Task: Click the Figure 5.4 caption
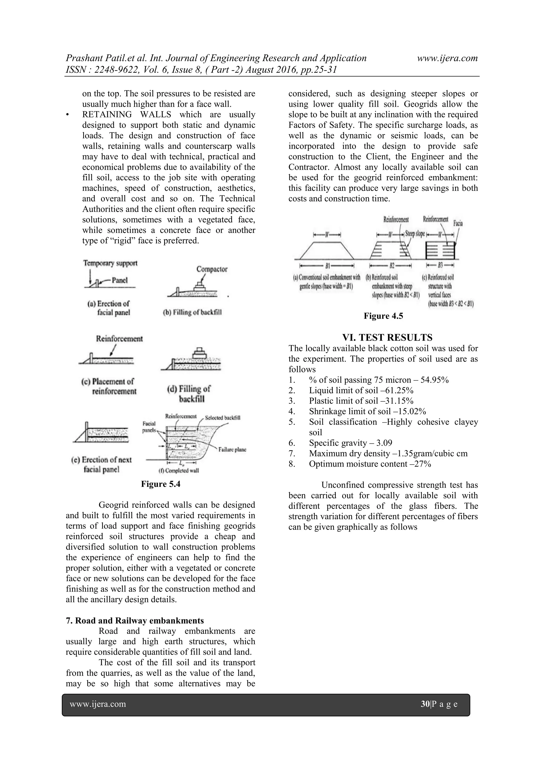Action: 160,484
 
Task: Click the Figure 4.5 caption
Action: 383,316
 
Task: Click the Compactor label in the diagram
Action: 212,269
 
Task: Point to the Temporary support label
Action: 110,263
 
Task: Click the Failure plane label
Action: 232,449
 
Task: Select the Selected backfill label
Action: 222,418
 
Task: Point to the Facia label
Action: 458,223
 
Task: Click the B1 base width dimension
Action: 327,266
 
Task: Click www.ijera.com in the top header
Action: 447,58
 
